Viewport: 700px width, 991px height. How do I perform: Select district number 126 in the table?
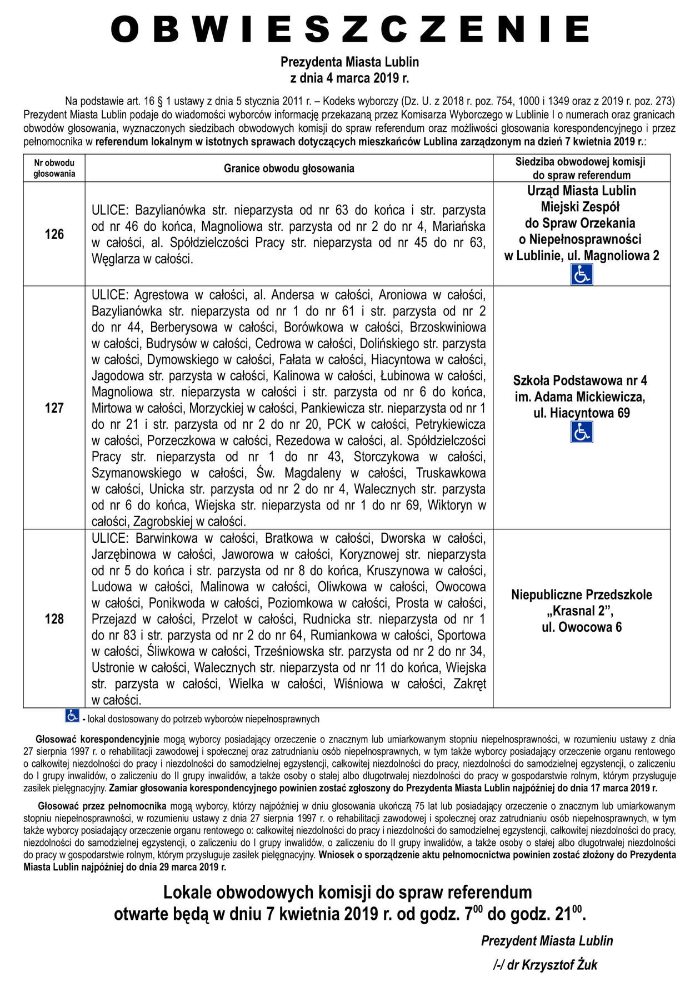pyautogui.click(x=54, y=234)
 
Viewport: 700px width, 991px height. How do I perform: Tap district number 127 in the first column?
pyautogui.click(x=54, y=408)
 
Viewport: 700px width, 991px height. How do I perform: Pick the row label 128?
pyautogui.click(x=54, y=618)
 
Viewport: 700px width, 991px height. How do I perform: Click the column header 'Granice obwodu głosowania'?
pyautogui.click(x=289, y=168)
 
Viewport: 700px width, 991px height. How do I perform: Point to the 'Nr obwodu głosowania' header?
pyautogui.click(x=54, y=168)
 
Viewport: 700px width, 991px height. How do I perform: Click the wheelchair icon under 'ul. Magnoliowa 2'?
pyautogui.click(x=582, y=275)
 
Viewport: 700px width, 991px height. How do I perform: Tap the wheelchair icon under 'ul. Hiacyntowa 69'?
pyautogui.click(x=582, y=432)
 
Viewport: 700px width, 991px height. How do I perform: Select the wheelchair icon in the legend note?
pyautogui.click(x=72, y=716)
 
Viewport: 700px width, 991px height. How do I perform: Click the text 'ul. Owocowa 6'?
pyautogui.click(x=582, y=627)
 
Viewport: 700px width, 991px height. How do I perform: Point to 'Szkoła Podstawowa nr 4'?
pyautogui.click(x=580, y=381)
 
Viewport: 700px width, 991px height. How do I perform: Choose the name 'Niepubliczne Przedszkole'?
pyautogui.click(x=582, y=594)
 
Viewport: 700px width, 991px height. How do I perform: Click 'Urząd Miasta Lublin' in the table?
pyautogui.click(x=582, y=191)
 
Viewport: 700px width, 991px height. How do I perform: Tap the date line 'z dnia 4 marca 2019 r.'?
pyautogui.click(x=349, y=78)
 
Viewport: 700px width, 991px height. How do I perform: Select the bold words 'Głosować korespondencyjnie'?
pyautogui.click(x=98, y=740)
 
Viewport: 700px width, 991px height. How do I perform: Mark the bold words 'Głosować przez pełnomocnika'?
pyautogui.click(x=102, y=805)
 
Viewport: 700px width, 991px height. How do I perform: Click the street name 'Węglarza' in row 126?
pyautogui.click(x=114, y=259)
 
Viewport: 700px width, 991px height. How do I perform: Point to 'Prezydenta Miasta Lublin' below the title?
pyautogui.click(x=349, y=61)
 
